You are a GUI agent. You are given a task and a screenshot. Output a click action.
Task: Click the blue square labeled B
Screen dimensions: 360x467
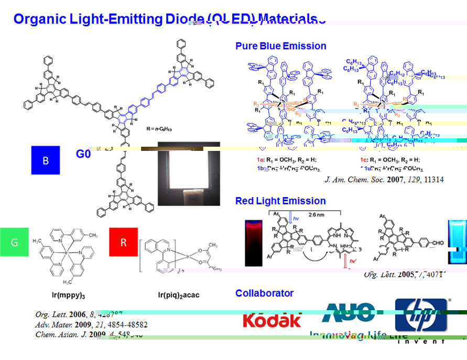click(x=46, y=160)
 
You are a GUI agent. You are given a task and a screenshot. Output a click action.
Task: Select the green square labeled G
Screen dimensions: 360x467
click(x=14, y=242)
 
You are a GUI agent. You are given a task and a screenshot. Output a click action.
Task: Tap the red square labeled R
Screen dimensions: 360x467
click(x=123, y=242)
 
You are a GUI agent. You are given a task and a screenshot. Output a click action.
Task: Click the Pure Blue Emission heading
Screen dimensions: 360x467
click(x=281, y=46)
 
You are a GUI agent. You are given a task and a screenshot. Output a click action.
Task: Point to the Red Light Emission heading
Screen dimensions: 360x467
click(x=280, y=201)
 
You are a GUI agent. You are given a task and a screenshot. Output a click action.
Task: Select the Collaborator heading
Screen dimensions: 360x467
click(x=264, y=293)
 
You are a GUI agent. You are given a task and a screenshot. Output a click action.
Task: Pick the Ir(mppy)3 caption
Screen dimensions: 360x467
click(x=66, y=295)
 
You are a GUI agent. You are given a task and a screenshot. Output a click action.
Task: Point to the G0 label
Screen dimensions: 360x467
click(x=84, y=155)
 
